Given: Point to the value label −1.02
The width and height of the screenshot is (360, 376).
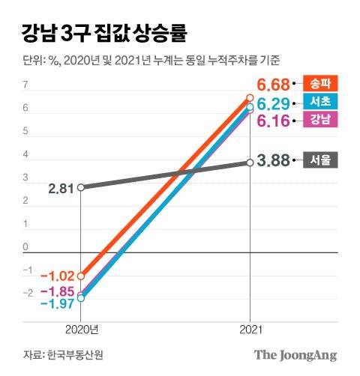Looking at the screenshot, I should pyautogui.click(x=58, y=276).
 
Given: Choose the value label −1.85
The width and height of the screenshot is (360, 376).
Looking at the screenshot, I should pyautogui.click(x=58, y=291).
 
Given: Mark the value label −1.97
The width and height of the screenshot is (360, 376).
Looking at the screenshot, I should pyautogui.click(x=58, y=303).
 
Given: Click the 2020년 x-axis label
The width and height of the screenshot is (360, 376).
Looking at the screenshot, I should pyautogui.click(x=80, y=329).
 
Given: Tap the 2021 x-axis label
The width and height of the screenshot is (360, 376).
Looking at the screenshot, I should pyautogui.click(x=250, y=329).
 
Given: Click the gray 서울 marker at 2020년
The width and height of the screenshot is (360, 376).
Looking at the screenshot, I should pyautogui.click(x=80, y=187).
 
